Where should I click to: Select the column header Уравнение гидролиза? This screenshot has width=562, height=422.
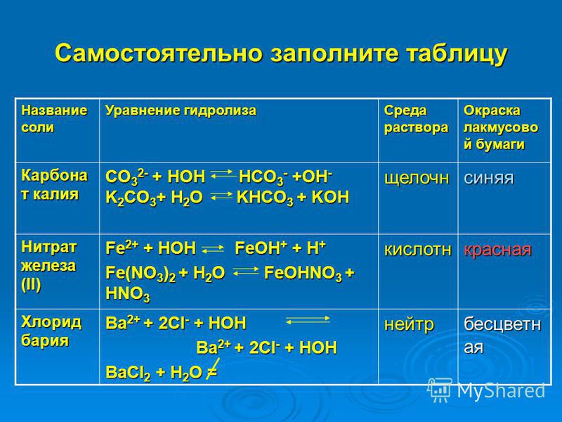[181, 110]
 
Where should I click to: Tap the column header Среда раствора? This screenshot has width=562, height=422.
[416, 119]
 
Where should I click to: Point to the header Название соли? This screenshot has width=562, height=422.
[54, 119]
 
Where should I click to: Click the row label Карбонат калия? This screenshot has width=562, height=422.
[55, 184]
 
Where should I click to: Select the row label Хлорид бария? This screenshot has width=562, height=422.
[51, 331]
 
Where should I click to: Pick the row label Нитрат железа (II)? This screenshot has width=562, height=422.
[49, 266]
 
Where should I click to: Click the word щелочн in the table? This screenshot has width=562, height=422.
[417, 178]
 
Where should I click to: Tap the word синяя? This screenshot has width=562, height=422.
[489, 178]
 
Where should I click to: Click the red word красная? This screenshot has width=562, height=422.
[497, 250]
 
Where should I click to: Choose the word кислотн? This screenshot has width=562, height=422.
[417, 249]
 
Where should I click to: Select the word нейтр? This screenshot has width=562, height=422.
[409, 325]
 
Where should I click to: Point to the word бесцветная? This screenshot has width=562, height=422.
[502, 335]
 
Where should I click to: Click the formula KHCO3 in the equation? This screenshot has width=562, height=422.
[265, 198]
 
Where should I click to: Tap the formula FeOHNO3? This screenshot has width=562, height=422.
[303, 274]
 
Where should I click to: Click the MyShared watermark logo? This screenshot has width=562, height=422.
[486, 390]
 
